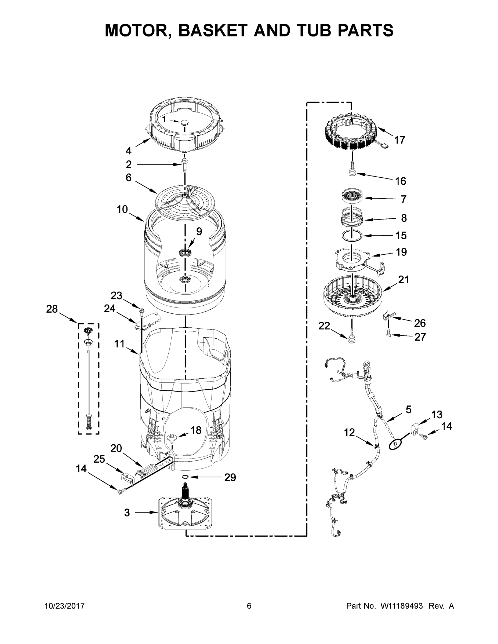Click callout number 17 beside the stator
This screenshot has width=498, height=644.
click(399, 140)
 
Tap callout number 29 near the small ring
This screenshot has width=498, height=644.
click(230, 477)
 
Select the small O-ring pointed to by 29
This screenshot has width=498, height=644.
click(185, 477)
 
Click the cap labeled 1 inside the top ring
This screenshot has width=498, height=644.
click(185, 122)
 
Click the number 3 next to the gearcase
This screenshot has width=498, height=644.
click(127, 513)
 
